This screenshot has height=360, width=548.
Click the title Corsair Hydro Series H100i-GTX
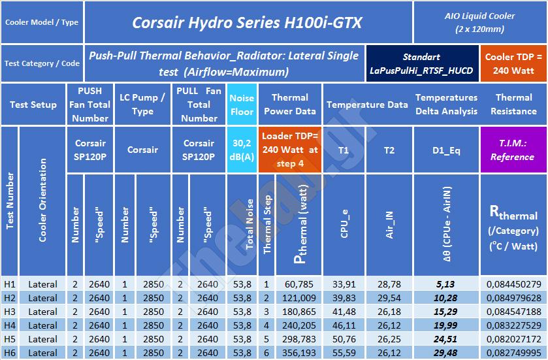[x=247, y=23]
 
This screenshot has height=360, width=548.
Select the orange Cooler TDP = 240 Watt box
[x=513, y=63]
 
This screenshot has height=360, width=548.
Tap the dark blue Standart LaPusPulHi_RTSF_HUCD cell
[x=421, y=63]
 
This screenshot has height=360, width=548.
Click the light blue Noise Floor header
[x=242, y=104]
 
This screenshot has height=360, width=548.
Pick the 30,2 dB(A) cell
[x=242, y=150]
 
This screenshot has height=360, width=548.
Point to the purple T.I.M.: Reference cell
[x=513, y=150]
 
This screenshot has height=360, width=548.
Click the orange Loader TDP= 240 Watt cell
[x=290, y=150]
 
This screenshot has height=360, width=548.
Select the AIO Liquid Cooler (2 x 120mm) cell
[x=479, y=22]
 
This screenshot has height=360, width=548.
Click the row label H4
[x=9, y=325]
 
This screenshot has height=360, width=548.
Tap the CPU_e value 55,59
[x=344, y=353]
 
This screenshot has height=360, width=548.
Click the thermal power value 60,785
[x=300, y=284]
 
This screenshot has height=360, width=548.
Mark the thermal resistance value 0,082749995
[x=513, y=353]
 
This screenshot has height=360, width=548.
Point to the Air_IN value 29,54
[x=389, y=298]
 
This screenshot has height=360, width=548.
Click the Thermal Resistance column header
[x=513, y=104]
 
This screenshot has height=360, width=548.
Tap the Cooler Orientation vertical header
[x=43, y=201]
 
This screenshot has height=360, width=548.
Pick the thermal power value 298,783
[x=300, y=339]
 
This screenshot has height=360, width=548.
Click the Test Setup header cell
[x=33, y=104]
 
